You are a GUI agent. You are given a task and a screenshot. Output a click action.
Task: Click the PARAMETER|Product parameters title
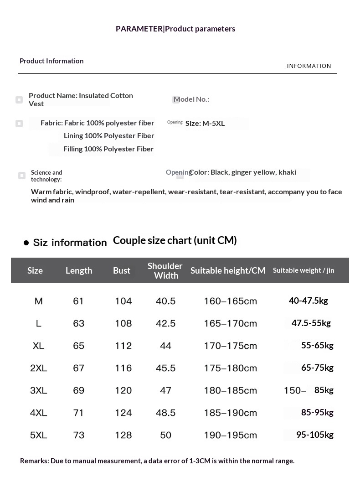[x=175, y=29]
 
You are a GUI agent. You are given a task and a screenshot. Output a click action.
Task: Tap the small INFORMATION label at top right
[x=309, y=66]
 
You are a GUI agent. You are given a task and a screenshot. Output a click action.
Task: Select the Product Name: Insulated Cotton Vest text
[x=81, y=99]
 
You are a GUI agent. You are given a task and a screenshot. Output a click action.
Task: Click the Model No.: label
[x=191, y=99]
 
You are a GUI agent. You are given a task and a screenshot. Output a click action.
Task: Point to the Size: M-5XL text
[x=205, y=123]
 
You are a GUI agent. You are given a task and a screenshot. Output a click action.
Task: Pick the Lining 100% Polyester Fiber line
[x=109, y=136]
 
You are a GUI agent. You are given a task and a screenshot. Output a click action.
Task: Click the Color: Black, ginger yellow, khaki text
[x=242, y=172]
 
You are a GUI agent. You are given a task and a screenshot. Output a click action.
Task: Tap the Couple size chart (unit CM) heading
[x=175, y=240]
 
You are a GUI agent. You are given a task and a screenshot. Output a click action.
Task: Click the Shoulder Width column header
[x=165, y=270]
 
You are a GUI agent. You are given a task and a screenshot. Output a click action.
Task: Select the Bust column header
[x=122, y=270]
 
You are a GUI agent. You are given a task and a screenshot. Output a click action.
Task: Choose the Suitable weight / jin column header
[x=303, y=270]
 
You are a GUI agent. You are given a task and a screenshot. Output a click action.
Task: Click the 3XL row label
[x=39, y=390]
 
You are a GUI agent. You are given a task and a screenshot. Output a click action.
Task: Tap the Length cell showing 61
[x=78, y=301]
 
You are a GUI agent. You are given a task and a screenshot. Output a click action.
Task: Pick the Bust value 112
[x=123, y=346]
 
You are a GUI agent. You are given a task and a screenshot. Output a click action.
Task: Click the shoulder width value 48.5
[x=165, y=413]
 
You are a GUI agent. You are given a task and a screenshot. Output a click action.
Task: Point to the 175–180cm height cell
[x=230, y=368]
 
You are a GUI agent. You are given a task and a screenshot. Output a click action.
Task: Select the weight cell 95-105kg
[x=314, y=435]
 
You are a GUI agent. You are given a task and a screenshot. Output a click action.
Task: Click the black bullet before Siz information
[x=26, y=243]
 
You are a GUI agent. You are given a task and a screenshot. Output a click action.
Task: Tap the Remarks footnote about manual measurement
[x=157, y=461]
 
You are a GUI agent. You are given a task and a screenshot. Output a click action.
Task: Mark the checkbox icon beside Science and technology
[x=22, y=176]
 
